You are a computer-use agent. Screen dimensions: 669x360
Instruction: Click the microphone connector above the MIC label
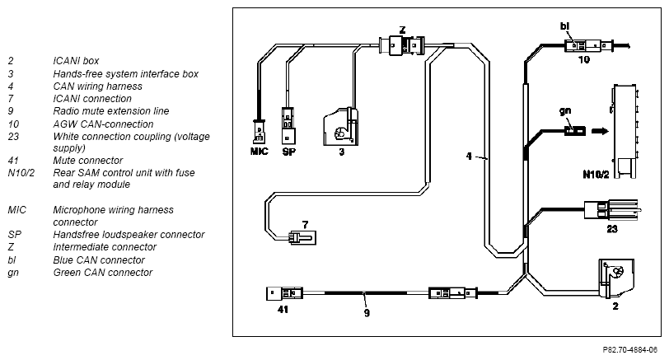[258, 131]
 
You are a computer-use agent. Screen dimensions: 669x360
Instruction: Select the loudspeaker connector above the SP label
[288, 125]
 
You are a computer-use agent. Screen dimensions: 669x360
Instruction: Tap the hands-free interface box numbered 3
[341, 127]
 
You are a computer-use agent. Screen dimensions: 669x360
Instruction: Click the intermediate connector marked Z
[402, 45]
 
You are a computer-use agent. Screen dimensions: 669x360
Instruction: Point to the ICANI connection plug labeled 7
[302, 237]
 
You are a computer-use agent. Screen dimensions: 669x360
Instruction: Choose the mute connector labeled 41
[284, 293]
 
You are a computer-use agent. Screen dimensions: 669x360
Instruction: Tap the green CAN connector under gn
[575, 131]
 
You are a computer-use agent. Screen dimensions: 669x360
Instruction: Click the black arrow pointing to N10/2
[601, 131]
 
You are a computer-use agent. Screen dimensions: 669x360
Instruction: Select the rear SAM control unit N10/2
[625, 131]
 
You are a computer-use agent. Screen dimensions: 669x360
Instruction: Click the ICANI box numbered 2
[616, 278]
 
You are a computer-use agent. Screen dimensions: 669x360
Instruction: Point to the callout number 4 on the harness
[469, 157]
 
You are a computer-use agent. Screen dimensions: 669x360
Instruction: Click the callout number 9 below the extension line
[367, 313]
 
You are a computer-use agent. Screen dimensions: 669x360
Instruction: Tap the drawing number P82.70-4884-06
[630, 350]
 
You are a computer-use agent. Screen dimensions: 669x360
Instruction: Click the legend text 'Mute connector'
[88, 161]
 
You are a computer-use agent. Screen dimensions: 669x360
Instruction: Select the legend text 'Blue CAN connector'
[99, 260]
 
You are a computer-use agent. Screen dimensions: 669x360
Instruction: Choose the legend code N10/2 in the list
[21, 173]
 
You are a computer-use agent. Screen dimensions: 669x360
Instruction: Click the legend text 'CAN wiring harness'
[98, 86]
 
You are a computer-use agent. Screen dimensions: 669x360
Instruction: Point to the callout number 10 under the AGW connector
[584, 59]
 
